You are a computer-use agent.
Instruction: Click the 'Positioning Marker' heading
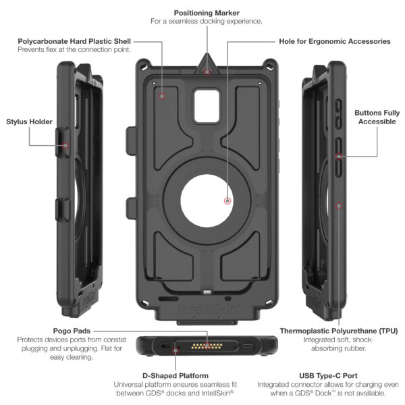coord(207,13)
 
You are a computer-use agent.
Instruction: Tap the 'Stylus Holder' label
coord(29,122)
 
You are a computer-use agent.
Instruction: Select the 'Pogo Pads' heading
coord(72,331)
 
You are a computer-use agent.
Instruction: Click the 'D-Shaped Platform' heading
coord(175,375)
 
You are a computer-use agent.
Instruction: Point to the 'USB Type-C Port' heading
coord(328,375)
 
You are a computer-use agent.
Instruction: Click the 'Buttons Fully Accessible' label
coord(377,117)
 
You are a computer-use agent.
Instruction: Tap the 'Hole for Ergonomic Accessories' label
coord(335,41)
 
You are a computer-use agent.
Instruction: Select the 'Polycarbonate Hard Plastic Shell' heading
coord(74,41)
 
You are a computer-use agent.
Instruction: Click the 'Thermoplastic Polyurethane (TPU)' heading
coord(339,331)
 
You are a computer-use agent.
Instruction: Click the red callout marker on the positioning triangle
coord(207,72)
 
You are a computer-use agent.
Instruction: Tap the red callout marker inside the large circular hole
coord(227,200)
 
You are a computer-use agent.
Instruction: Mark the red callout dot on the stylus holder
coord(65,146)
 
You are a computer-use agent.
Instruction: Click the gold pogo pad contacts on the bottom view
coord(207,346)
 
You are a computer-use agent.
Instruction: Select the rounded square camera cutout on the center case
coord(207,106)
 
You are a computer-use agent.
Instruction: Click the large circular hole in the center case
coord(207,201)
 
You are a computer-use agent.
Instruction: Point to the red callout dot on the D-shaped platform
coord(175,350)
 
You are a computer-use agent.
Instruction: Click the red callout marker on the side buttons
coord(339,157)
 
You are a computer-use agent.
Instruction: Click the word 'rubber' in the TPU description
coord(355,348)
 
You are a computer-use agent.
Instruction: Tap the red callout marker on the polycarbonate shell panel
coord(162,96)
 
